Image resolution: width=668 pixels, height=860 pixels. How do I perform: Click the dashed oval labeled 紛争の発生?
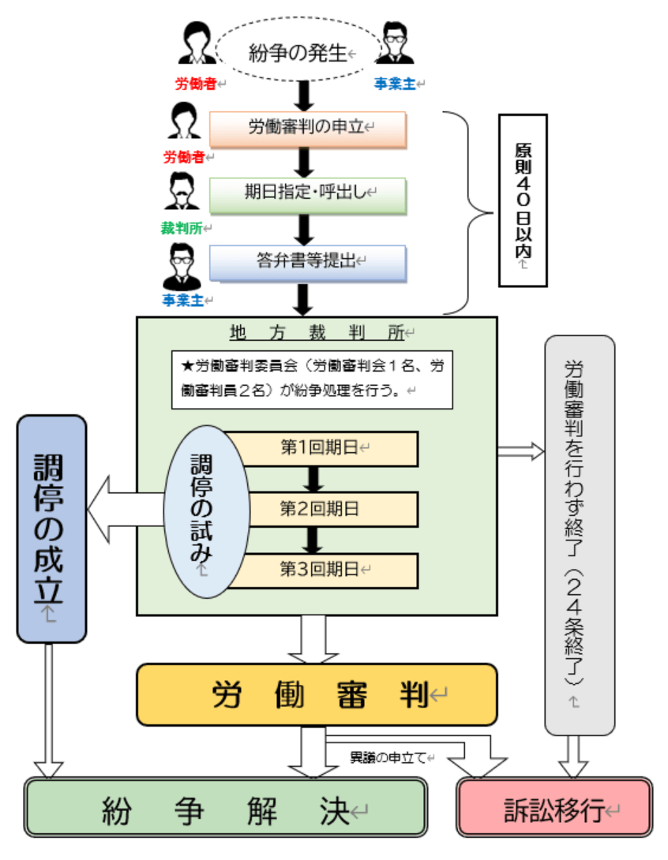click(298, 54)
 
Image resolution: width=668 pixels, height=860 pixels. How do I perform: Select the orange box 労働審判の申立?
click(307, 129)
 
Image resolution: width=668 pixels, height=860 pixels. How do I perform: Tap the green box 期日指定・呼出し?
click(307, 195)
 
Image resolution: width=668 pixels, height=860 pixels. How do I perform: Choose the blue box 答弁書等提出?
click(307, 263)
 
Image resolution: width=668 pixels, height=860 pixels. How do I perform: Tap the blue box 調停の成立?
click(51, 528)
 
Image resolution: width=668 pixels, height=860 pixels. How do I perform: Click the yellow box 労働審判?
click(317, 694)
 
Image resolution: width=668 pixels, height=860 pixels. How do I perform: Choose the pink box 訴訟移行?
click(554, 808)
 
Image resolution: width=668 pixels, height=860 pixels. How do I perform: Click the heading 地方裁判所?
click(316, 332)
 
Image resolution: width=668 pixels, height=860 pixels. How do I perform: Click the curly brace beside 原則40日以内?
click(469, 212)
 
